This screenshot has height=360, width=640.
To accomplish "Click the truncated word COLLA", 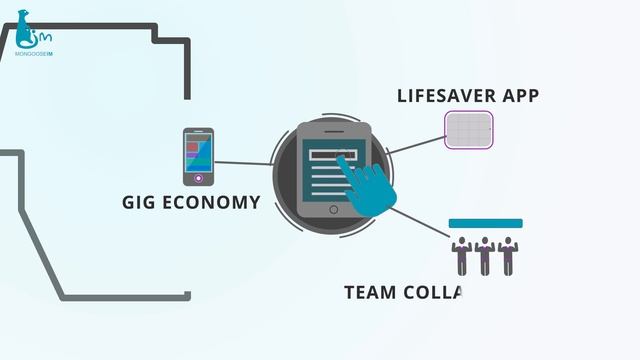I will (435, 293).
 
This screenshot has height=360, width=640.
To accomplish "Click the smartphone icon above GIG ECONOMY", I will (198, 156).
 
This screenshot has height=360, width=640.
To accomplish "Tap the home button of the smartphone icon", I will (198, 178).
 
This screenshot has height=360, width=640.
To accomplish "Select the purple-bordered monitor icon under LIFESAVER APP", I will (470, 130).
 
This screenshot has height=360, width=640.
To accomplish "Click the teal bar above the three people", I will (485, 223).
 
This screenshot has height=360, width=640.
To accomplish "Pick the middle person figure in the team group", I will (485, 256).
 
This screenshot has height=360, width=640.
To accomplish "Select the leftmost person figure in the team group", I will (462, 256).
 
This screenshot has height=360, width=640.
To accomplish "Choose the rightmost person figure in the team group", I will (507, 256).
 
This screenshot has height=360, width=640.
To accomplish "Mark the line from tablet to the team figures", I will (420, 225).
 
